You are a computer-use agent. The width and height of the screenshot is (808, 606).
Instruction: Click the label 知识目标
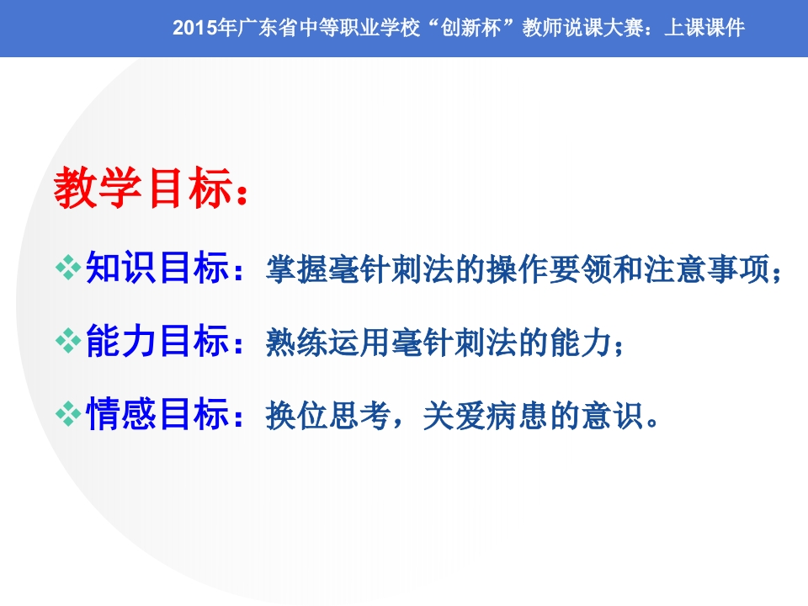157,269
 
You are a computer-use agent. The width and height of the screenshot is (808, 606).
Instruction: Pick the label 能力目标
157,342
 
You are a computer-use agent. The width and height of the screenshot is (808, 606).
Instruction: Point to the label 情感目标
157,414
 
